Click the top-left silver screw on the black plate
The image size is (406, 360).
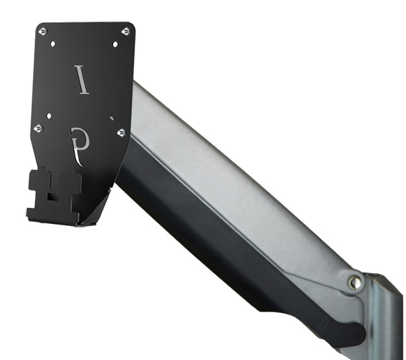42,32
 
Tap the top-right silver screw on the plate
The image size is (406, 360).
125,32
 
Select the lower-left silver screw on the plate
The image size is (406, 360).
38,127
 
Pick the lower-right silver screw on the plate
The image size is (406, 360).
121,133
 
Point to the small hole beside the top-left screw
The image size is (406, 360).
53,44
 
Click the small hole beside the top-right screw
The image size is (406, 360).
115,44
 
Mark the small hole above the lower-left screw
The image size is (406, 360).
48,115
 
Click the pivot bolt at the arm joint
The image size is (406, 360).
354,283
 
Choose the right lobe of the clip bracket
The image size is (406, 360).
70,184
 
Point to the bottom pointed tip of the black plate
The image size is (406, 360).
81,222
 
